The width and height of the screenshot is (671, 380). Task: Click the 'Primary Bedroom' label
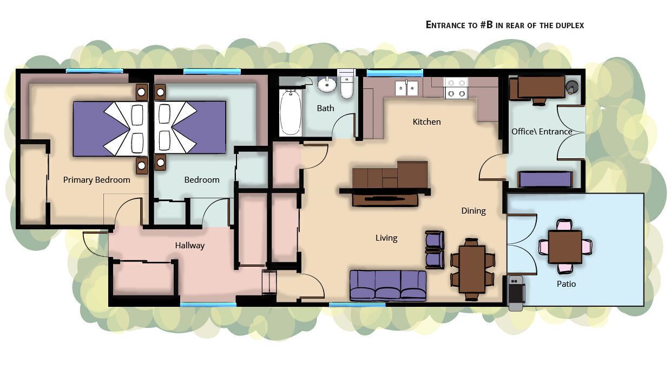tap(96, 180)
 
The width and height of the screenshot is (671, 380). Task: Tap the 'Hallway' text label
tap(189, 246)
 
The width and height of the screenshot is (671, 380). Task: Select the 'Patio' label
tap(566, 284)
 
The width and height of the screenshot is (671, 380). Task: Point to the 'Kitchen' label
tap(426, 122)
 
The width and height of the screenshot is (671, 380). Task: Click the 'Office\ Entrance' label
tap(542, 132)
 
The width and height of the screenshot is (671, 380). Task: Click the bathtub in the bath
tap(290, 112)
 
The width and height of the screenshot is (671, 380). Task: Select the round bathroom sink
tap(327, 85)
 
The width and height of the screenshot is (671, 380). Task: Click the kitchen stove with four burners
tap(456, 88)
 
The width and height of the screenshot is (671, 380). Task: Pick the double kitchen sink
tap(406, 88)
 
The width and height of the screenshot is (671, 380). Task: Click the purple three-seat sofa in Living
tap(388, 286)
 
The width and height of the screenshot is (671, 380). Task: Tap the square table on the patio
tap(565, 247)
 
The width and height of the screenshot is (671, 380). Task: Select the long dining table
tap(472, 269)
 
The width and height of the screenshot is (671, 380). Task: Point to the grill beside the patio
tap(516, 293)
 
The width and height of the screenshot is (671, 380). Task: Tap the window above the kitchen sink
tap(395, 72)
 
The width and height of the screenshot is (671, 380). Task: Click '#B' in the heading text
tap(486, 25)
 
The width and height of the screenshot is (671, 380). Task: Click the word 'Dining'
tap(473, 211)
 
